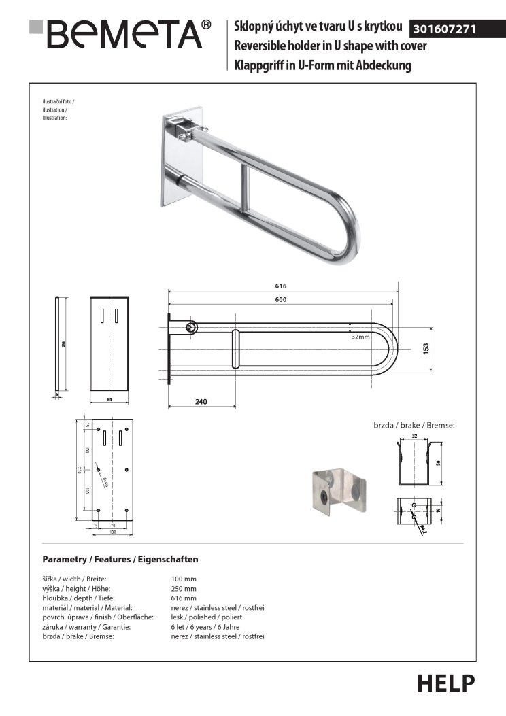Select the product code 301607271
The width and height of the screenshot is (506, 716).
tap(444, 30)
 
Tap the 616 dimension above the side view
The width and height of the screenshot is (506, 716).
tap(281, 286)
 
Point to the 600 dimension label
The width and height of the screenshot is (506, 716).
tap(281, 300)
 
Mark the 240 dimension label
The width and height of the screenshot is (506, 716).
tap(201, 402)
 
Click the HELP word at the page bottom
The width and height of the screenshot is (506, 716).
tap(446, 683)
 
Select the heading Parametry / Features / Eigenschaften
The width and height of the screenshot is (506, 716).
tap(120, 559)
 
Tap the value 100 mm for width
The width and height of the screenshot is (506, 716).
tap(184, 579)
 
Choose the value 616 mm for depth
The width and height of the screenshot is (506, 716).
tap(184, 598)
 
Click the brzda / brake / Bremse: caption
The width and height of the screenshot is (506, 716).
tap(414, 425)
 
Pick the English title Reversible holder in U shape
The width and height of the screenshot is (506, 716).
tap(331, 46)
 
